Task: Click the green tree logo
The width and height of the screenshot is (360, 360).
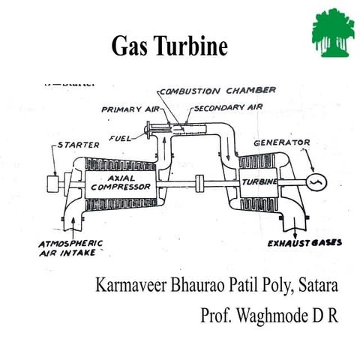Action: point(331,31)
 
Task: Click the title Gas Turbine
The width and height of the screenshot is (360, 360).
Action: point(169,46)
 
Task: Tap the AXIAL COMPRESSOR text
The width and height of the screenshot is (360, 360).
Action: point(119,182)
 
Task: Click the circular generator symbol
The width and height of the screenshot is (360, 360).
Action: point(314,182)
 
